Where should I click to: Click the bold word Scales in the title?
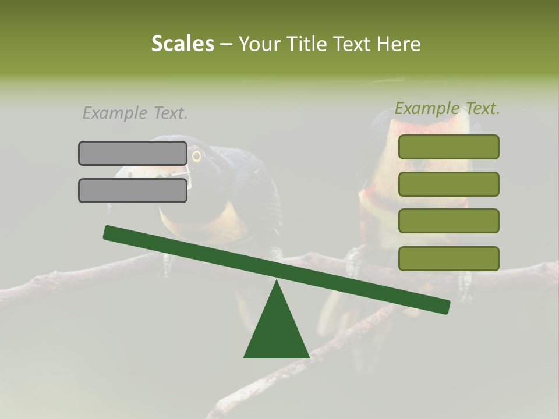pyautogui.click(x=182, y=44)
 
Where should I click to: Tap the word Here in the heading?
pyautogui.click(x=399, y=44)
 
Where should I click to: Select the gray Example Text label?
pyautogui.click(x=135, y=113)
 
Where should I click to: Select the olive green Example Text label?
pyautogui.click(x=447, y=108)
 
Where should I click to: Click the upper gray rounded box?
pyautogui.click(x=133, y=153)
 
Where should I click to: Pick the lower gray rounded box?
pyautogui.click(x=133, y=190)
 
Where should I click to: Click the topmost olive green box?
pyautogui.click(x=449, y=147)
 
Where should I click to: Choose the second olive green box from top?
pyautogui.click(x=449, y=184)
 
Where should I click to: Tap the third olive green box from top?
pyautogui.click(x=449, y=221)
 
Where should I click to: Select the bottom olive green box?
pyautogui.click(x=449, y=258)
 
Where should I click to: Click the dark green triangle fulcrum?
pyautogui.click(x=277, y=332)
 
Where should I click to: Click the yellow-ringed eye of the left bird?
pyautogui.click(x=196, y=156)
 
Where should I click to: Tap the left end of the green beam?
pyautogui.click(x=108, y=232)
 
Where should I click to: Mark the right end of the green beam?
pyautogui.click(x=445, y=307)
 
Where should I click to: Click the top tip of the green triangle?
pyautogui.click(x=277, y=282)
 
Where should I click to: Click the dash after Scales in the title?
pyautogui.click(x=226, y=45)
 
